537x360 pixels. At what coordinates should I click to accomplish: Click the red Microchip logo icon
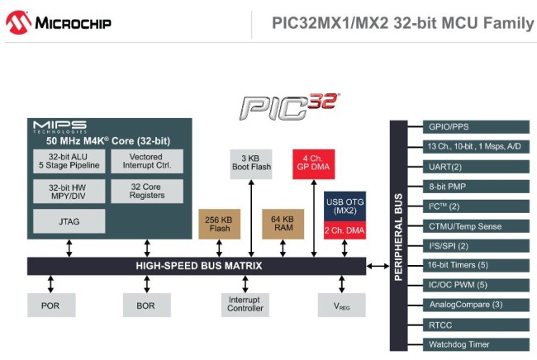click(x=18, y=22)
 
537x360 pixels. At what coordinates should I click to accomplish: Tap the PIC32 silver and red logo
click(x=289, y=107)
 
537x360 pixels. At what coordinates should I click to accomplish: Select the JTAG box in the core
click(x=69, y=221)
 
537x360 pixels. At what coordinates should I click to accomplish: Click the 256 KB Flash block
click(x=219, y=224)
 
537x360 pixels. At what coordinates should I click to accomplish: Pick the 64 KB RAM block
click(x=283, y=224)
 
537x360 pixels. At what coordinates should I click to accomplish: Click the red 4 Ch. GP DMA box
click(x=313, y=164)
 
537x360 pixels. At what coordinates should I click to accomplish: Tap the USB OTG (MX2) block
click(x=345, y=206)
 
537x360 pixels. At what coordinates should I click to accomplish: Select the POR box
click(x=51, y=306)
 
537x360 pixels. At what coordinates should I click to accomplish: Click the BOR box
click(x=146, y=306)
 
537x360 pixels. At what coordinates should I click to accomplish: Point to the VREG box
click(x=342, y=306)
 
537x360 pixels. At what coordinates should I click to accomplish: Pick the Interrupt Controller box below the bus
click(x=245, y=306)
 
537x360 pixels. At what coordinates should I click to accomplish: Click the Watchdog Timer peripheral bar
click(x=476, y=344)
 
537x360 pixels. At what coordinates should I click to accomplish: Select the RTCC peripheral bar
click(x=476, y=324)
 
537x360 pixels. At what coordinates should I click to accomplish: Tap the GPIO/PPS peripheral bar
click(x=476, y=126)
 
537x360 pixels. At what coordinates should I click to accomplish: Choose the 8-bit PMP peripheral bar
click(x=476, y=187)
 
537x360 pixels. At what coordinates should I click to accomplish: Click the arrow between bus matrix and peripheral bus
click(x=378, y=266)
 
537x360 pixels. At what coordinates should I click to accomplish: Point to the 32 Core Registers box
click(x=147, y=192)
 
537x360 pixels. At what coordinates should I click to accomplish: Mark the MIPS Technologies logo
click(x=60, y=127)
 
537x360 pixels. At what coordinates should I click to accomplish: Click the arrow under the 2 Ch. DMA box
click(x=345, y=248)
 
